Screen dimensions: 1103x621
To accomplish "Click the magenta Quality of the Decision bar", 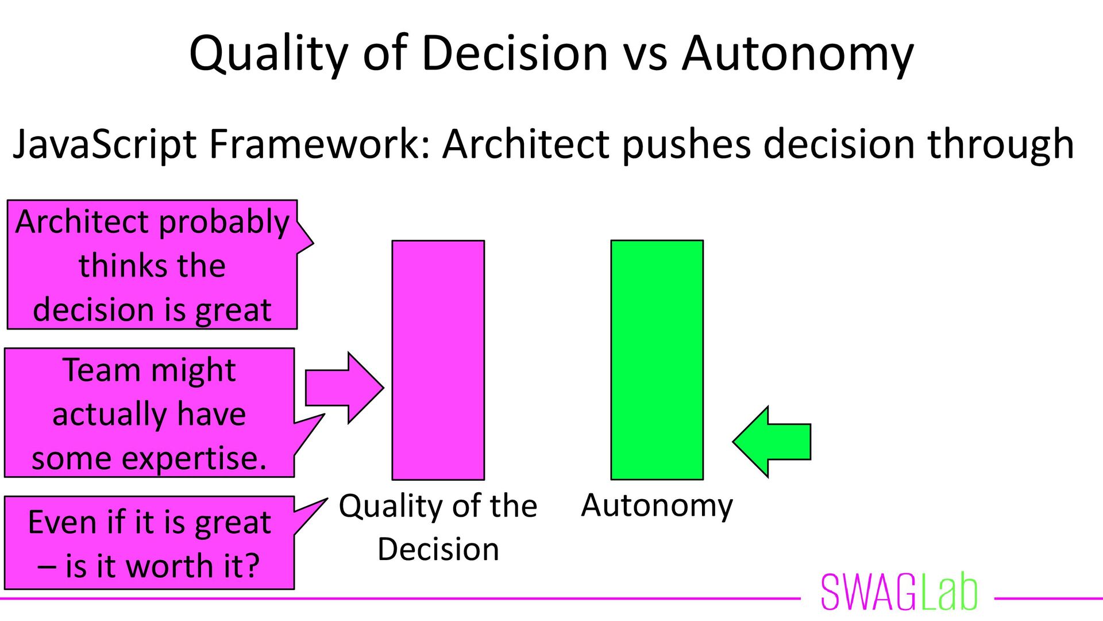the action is pos(438,360).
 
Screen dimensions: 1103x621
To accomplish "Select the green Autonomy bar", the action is pos(657,360).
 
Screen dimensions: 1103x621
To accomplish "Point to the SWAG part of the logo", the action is pos(868,592).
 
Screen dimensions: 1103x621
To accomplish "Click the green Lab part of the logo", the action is pos(948,592).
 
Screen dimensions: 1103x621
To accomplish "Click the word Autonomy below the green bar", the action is pos(657,505).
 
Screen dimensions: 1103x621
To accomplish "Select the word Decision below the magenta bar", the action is pos(438,549).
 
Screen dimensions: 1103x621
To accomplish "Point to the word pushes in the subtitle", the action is pos(687,144).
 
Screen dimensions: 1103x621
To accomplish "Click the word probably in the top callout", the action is pos(224,223).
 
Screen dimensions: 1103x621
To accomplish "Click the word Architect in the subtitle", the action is pos(525,144).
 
